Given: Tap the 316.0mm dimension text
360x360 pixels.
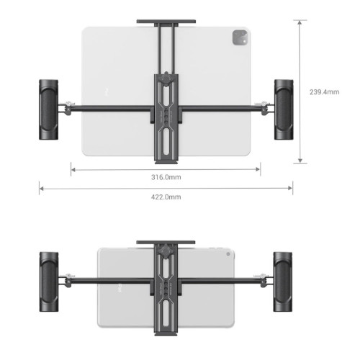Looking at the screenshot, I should [166, 177].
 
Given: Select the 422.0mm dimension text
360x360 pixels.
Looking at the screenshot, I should [166, 197].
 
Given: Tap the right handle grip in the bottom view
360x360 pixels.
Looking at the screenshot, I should [282, 278].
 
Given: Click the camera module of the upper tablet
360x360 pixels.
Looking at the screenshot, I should [238, 38].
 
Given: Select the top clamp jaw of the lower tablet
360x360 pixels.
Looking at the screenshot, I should [166, 243].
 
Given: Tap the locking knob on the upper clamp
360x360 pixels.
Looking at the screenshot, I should [168, 78].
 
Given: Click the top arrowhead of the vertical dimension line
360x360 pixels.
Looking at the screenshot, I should [299, 22].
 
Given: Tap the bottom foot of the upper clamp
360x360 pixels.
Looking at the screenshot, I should [166, 159].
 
